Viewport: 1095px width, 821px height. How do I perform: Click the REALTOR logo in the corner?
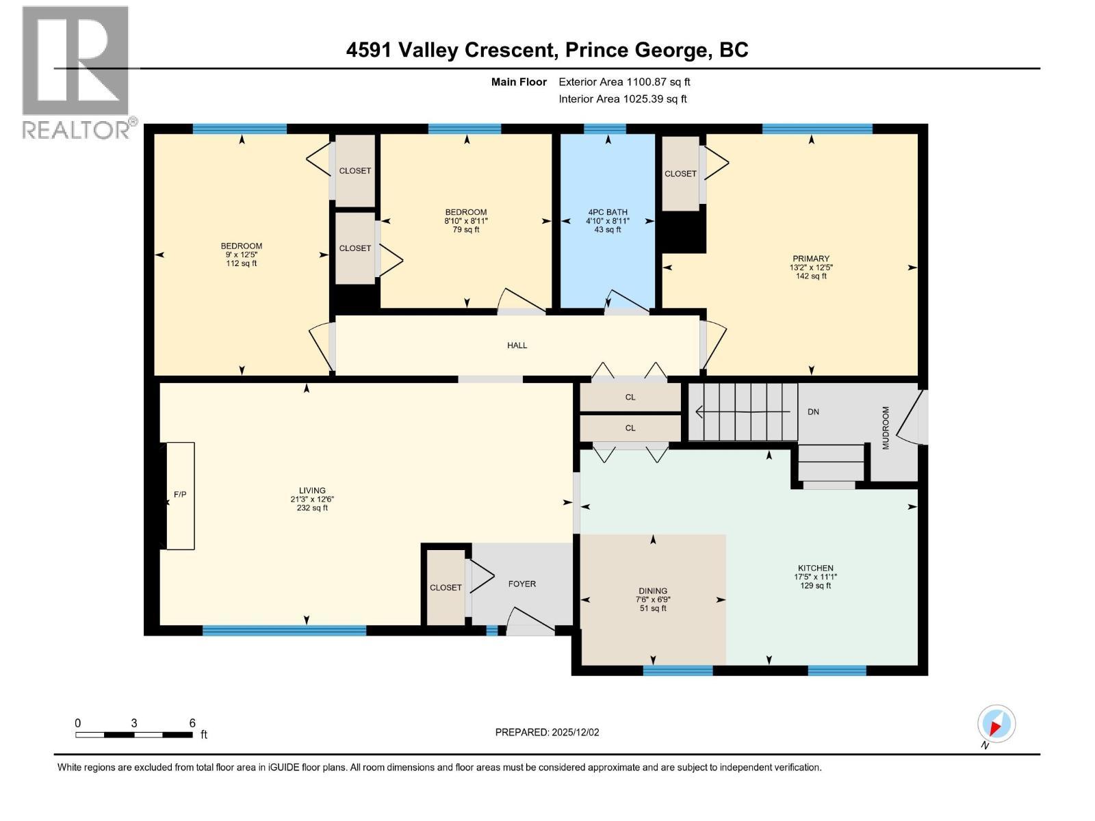click(x=76, y=72)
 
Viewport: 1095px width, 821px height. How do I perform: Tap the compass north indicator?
click(x=996, y=724)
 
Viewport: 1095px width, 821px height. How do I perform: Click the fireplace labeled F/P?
click(x=180, y=495)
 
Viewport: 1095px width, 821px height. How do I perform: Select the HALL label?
click(x=517, y=346)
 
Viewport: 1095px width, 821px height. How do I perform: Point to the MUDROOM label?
click(x=886, y=428)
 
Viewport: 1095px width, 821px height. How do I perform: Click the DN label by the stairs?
click(x=813, y=412)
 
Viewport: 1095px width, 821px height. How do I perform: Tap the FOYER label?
click(x=521, y=584)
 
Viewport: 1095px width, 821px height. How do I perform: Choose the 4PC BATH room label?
click(x=607, y=212)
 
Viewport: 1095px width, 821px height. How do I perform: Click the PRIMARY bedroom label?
click(x=811, y=259)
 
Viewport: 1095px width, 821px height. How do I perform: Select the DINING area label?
click(x=653, y=591)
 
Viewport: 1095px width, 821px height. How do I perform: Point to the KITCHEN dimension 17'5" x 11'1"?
click(x=815, y=577)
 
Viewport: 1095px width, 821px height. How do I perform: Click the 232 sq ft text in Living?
click(x=311, y=508)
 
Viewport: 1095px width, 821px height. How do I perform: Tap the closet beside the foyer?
click(x=446, y=588)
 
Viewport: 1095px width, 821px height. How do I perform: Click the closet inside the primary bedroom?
click(x=680, y=174)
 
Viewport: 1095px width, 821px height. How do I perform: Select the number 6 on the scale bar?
click(x=192, y=723)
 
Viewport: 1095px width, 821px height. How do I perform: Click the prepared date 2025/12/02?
click(x=574, y=732)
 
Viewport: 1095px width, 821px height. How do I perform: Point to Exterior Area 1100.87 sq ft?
click(x=624, y=82)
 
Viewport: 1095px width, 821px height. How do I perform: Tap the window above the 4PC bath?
click(x=604, y=129)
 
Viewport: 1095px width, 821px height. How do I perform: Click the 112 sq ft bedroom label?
click(x=241, y=263)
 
